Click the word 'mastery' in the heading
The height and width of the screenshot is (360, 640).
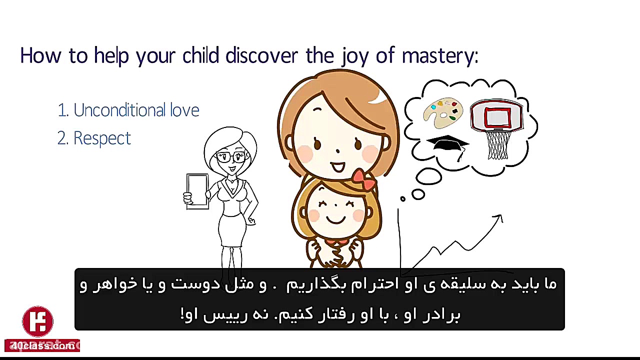pyautogui.click(x=439, y=56)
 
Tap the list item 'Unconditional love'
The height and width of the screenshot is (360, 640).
pyautogui.click(x=128, y=110)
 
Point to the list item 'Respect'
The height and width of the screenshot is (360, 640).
pyautogui.click(x=94, y=138)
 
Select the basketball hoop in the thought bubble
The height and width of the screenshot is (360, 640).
pyautogui.click(x=496, y=117)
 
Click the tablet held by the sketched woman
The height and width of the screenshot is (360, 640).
pyautogui.click(x=197, y=191)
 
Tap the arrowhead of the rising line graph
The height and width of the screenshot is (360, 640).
pyautogui.click(x=498, y=218)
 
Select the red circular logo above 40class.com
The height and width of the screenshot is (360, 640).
pyautogui.click(x=38, y=321)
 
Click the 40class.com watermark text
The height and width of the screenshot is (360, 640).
pyautogui.click(x=42, y=345)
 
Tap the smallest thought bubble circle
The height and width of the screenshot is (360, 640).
pyautogui.click(x=402, y=199)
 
